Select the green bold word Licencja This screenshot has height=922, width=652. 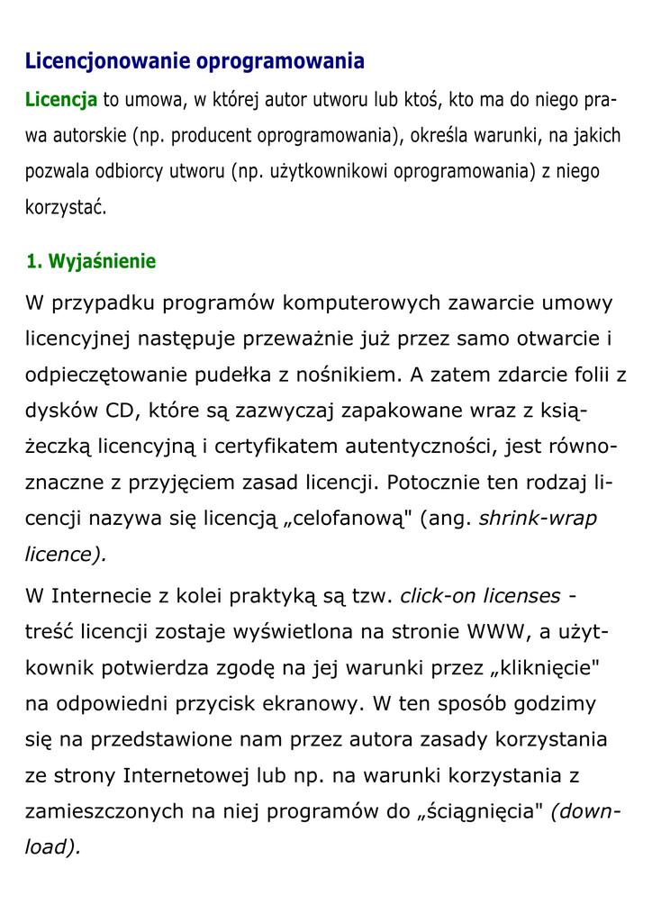[60, 99]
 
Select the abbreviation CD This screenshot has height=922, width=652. [120, 411]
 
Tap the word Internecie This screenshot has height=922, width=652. [97, 596]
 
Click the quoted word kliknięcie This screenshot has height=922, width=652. [540, 667]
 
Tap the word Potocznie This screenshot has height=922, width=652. [433, 483]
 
